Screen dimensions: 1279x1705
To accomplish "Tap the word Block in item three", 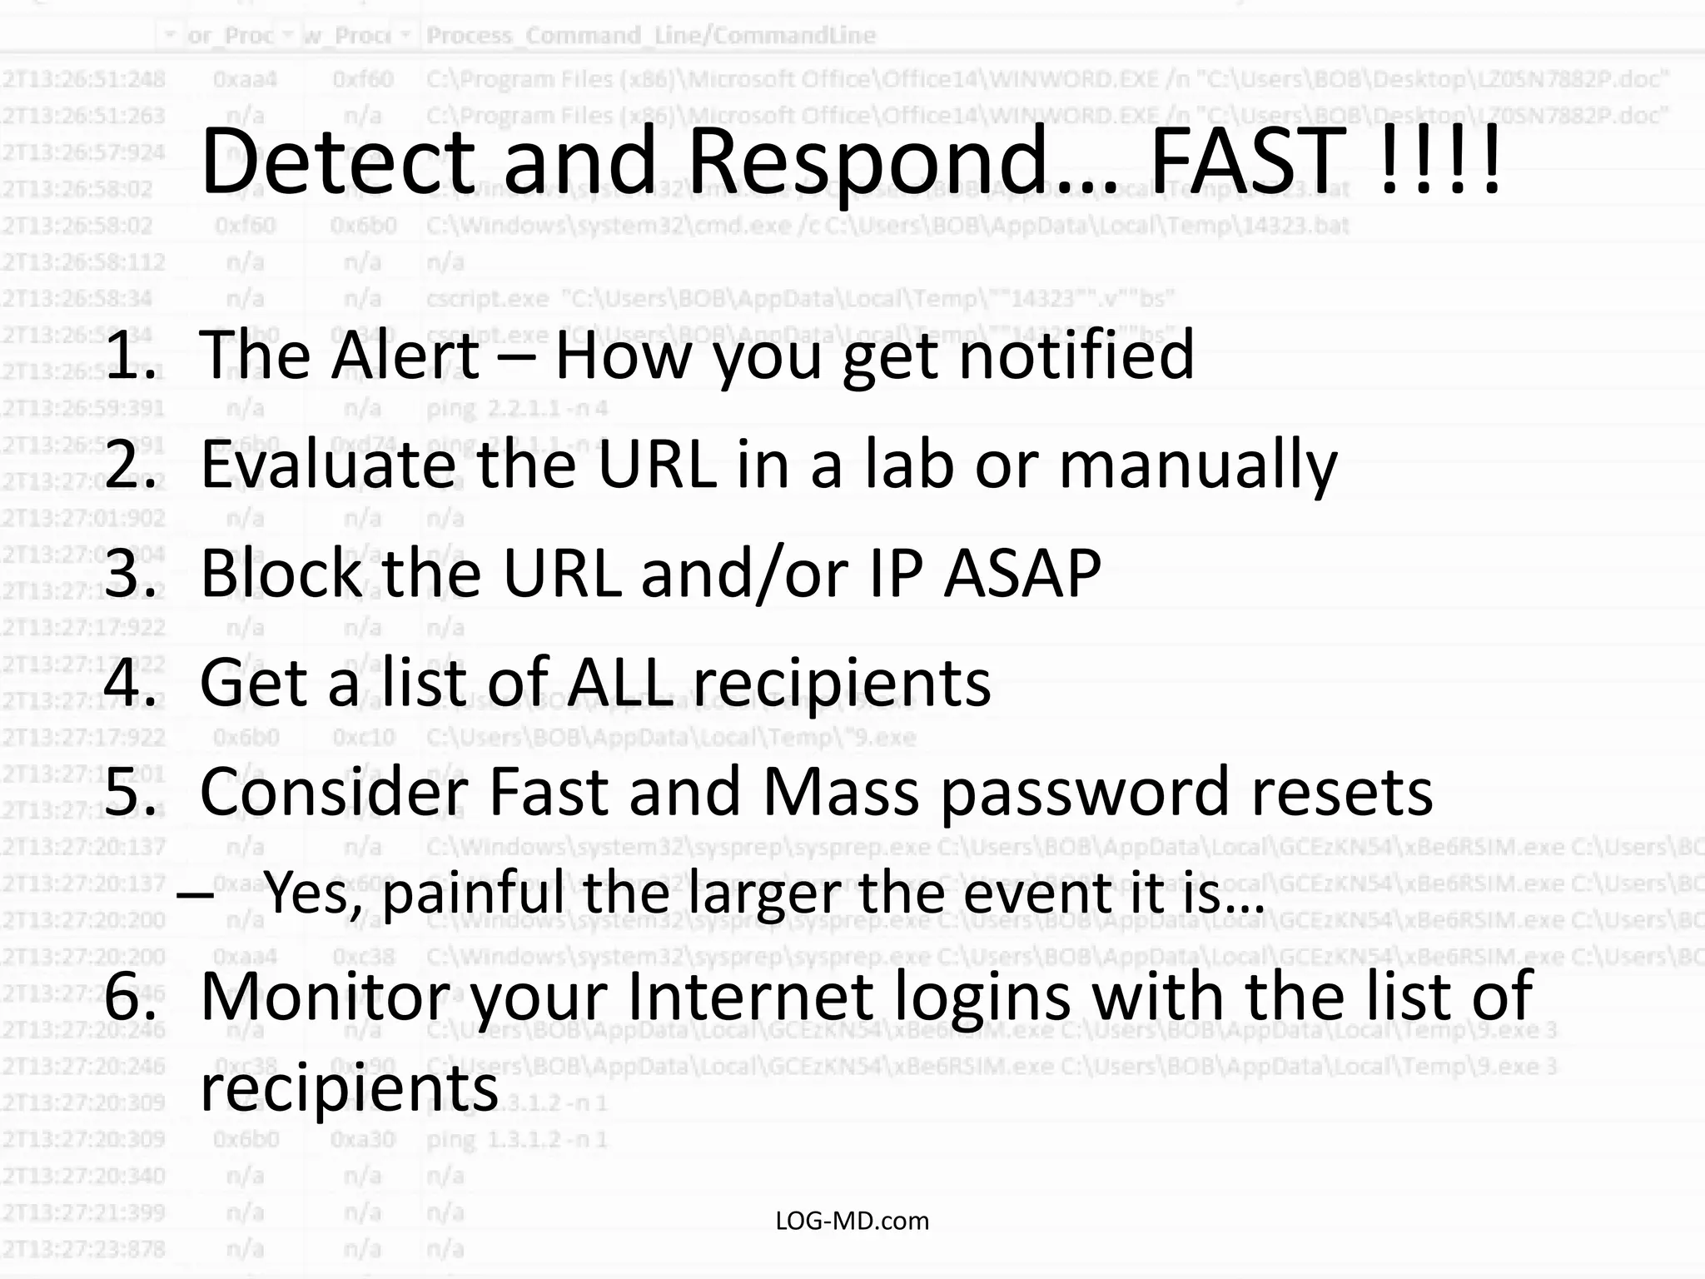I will (280, 575).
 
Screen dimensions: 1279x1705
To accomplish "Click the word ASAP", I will (1022, 575).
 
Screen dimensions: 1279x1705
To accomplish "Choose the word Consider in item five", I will (333, 793).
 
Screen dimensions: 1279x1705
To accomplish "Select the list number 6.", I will (129, 997).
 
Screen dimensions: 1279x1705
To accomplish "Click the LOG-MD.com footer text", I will (852, 1221).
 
